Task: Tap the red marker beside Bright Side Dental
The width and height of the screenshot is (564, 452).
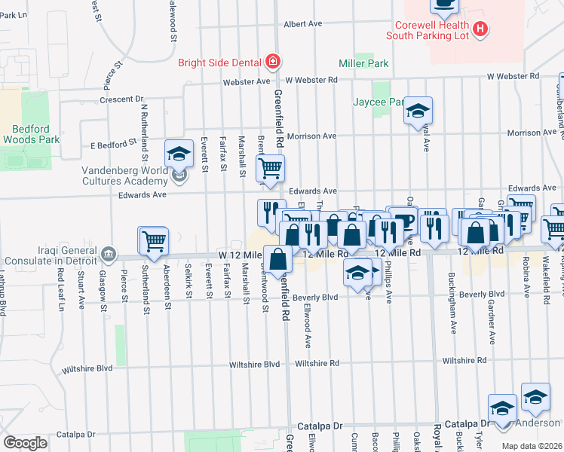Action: (x=272, y=62)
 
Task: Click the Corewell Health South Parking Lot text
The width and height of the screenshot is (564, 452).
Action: (x=428, y=29)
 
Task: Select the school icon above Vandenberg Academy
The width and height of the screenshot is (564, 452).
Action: (x=179, y=154)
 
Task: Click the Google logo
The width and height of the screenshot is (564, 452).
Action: (x=25, y=442)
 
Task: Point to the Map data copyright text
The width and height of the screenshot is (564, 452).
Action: (x=532, y=444)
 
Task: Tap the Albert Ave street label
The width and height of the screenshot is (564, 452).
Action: (x=303, y=24)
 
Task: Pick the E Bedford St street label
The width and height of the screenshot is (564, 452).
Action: (x=113, y=141)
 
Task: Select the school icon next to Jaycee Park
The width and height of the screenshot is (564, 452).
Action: (x=417, y=111)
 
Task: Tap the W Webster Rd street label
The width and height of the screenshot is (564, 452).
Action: (x=513, y=76)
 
